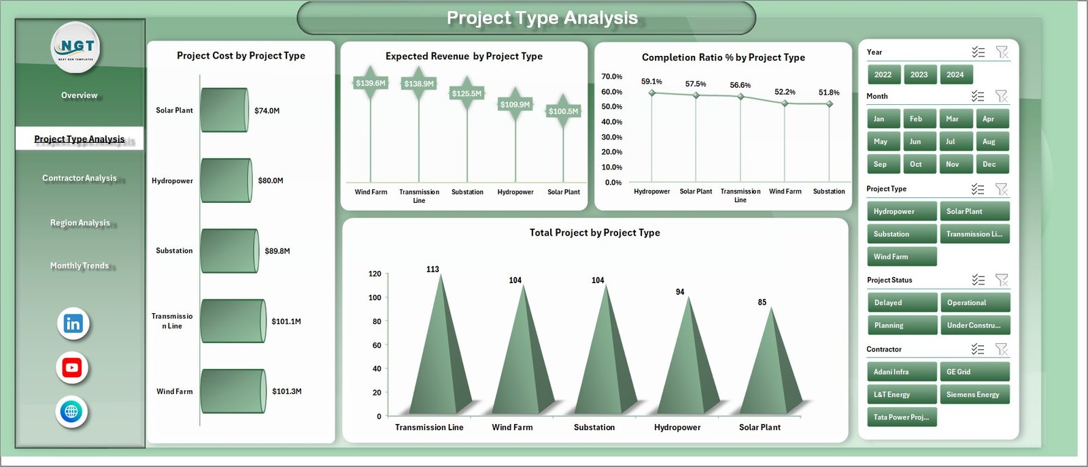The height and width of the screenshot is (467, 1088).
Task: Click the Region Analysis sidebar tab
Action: (x=80, y=223)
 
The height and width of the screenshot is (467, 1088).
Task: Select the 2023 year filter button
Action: (x=919, y=75)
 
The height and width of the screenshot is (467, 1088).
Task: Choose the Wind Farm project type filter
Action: (x=901, y=257)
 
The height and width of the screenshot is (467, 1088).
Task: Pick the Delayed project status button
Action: (x=902, y=303)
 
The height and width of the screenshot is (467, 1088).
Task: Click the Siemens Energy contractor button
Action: (x=974, y=395)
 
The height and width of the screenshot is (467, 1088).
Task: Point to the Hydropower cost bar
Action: (x=226, y=180)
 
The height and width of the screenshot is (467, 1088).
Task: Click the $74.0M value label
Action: (x=267, y=110)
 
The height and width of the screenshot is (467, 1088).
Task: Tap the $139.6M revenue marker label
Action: (x=371, y=83)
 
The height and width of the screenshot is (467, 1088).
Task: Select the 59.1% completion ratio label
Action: (x=651, y=82)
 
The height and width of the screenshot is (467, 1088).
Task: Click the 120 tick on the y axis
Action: (x=375, y=274)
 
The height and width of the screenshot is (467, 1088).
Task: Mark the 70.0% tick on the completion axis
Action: (x=611, y=77)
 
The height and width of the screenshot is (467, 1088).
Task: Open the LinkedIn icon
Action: (x=73, y=324)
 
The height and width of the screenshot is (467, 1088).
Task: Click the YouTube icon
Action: (x=72, y=368)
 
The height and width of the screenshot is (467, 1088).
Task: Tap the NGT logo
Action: (x=76, y=47)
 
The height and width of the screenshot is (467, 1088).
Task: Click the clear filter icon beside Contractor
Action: (x=1001, y=349)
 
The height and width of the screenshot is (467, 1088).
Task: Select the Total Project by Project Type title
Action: (x=594, y=233)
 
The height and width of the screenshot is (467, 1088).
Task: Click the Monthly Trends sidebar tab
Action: (x=80, y=265)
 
